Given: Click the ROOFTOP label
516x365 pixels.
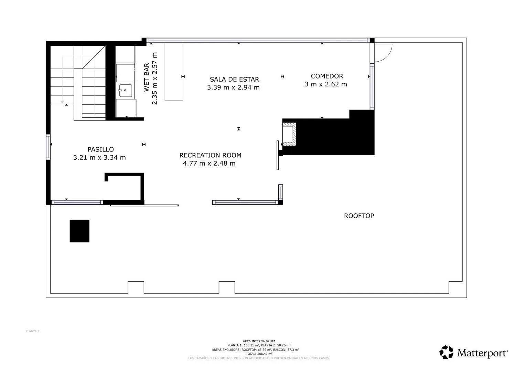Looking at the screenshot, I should [359, 216].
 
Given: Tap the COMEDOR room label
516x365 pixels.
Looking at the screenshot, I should [327, 76].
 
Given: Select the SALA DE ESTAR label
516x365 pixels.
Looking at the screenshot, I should [234, 80].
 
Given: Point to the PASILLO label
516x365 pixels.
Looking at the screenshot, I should [100, 149].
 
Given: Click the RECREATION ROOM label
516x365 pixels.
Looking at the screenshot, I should [210, 155].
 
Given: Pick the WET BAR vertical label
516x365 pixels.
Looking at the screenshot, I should [147, 77].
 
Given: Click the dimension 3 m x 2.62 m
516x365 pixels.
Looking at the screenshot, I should [326, 84].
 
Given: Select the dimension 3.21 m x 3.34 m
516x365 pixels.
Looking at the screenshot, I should [99, 158].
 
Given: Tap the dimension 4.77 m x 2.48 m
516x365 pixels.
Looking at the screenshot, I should [209, 164].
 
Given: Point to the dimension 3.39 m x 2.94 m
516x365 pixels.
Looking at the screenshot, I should [233, 87].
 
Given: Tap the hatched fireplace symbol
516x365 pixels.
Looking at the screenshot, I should [289, 135].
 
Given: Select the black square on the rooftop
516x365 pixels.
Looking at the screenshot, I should [79, 231].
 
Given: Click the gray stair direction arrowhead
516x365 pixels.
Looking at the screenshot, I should [62, 102].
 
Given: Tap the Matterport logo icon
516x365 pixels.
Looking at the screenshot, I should [447, 352].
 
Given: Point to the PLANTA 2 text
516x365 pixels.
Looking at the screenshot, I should [33, 331].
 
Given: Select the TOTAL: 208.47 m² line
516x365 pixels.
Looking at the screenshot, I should [259, 354].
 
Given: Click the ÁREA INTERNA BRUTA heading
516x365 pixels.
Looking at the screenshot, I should [259, 341].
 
